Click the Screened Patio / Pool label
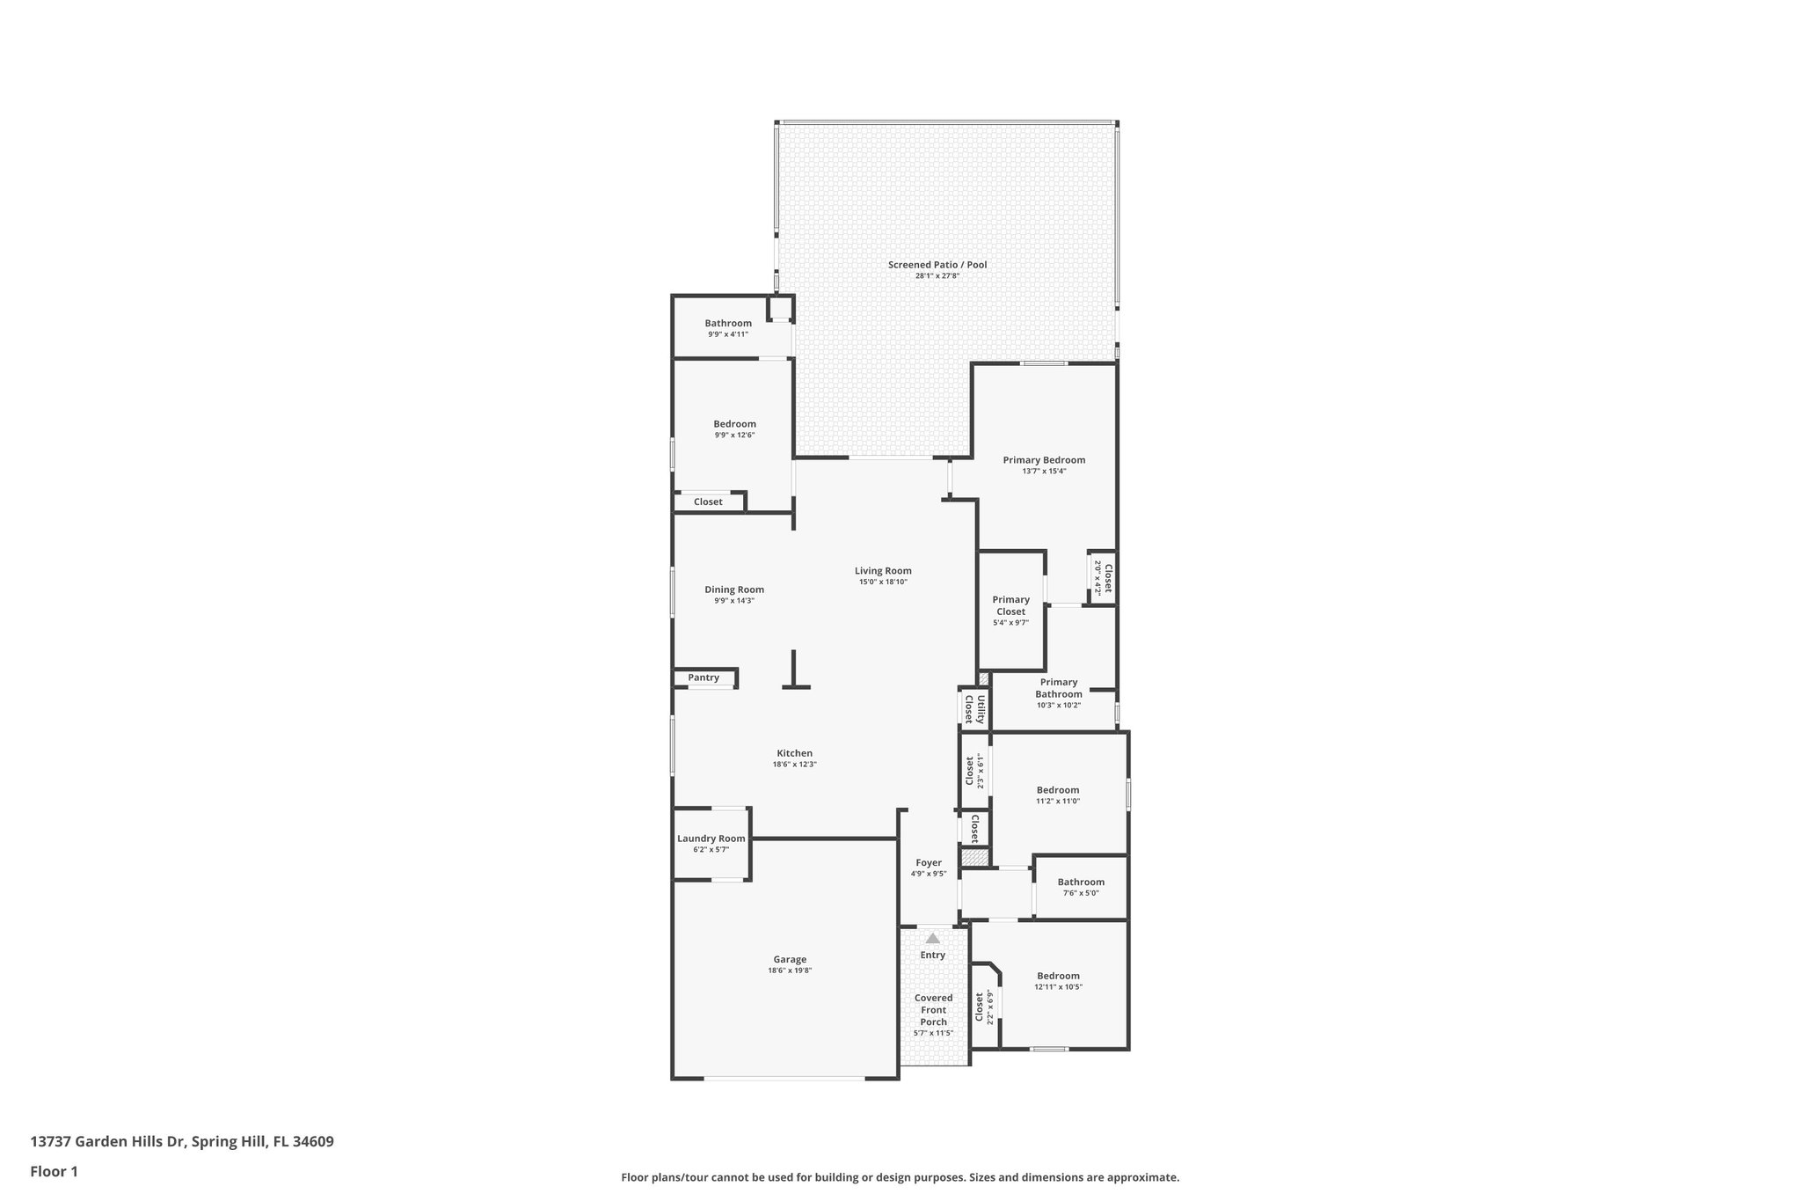[x=937, y=265]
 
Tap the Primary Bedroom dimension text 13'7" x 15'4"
[x=1044, y=472]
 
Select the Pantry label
[x=704, y=677]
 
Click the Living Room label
[x=883, y=571]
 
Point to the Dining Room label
[x=734, y=590]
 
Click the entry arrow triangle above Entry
[x=932, y=939]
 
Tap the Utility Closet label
[x=974, y=709]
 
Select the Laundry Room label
[x=711, y=839]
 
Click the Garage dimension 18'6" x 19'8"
[x=790, y=971]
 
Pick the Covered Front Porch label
[x=933, y=1010]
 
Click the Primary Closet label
[x=1010, y=605]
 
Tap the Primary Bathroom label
[x=1058, y=688]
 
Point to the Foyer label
[x=929, y=863]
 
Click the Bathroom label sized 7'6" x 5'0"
[x=1081, y=882]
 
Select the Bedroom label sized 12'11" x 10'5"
[x=1058, y=976]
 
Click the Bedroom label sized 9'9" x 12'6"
[x=734, y=424]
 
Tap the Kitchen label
[x=794, y=753]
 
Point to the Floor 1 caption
[x=54, y=1171]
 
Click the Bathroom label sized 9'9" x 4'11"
[x=728, y=323]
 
